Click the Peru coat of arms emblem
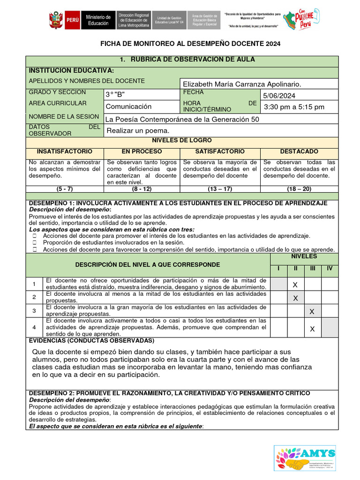(x=56, y=21)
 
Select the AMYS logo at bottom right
(x=305, y=458)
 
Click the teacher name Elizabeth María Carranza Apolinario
(x=241, y=84)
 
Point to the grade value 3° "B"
(x=115, y=95)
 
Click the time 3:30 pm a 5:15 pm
(x=294, y=107)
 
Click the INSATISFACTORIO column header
(x=65, y=152)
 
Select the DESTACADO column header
(x=299, y=152)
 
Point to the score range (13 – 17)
(x=220, y=189)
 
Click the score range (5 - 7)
(x=65, y=189)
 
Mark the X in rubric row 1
(x=295, y=285)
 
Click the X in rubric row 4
(x=312, y=329)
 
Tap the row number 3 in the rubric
(x=34, y=311)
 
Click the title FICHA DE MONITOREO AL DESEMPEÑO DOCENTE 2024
(x=190, y=44)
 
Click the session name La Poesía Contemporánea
(x=182, y=119)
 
